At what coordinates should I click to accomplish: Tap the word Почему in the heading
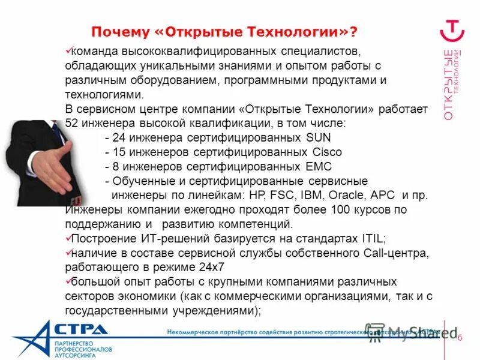(x=118, y=31)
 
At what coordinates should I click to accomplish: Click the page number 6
(x=460, y=337)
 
